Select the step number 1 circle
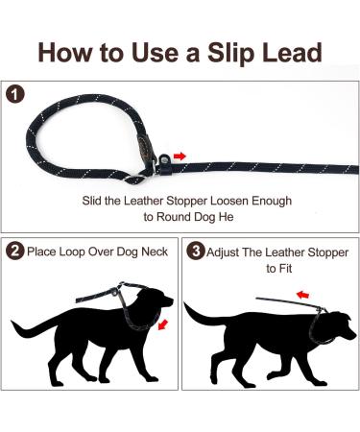pyautogui.click(x=14, y=94)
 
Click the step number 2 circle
pyautogui.click(x=14, y=252)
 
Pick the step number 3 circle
pyautogui.click(x=195, y=252)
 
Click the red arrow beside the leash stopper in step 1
pyautogui.click(x=180, y=156)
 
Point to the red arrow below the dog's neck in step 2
pyautogui.click(x=163, y=324)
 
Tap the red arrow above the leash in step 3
pyautogui.click(x=302, y=294)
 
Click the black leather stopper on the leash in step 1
pyautogui.click(x=164, y=164)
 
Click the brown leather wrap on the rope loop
pyautogui.click(x=143, y=147)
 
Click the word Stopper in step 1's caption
pyautogui.click(x=186, y=202)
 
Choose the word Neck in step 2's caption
pyautogui.click(x=155, y=252)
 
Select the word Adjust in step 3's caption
pyautogui.click(x=223, y=252)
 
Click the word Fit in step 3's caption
pyautogui.click(x=285, y=268)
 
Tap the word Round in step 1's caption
pyautogui.click(x=174, y=217)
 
